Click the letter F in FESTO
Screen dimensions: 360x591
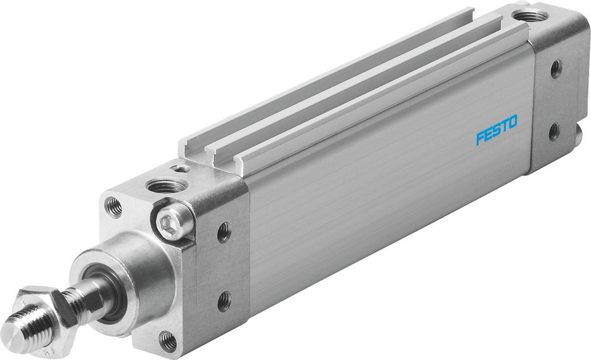pos(480,138)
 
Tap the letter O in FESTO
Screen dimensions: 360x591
pos(512,122)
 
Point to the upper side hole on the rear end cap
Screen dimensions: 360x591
pos(556,69)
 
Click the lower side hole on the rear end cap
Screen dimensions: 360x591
pos(554,131)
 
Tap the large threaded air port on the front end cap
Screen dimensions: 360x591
pos(165,186)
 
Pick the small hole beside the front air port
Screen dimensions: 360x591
pos(183,168)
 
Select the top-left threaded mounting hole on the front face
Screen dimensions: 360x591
pos(113,206)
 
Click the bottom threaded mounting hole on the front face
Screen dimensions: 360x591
pos(168,340)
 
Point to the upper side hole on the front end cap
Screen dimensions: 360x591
pos(224,232)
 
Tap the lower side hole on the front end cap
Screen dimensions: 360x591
pos(224,301)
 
